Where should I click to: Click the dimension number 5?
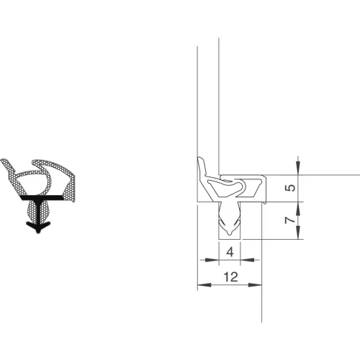[x=291, y=188]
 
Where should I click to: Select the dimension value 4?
[x=230, y=252]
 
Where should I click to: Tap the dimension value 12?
[x=230, y=277]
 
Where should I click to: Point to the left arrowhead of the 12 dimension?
[x=204, y=285]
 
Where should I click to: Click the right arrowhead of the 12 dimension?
[x=255, y=285]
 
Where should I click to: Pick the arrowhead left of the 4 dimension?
[x=212, y=260]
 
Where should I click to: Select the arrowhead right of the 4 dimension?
[x=247, y=260]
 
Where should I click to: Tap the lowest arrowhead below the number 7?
[x=298, y=232]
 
